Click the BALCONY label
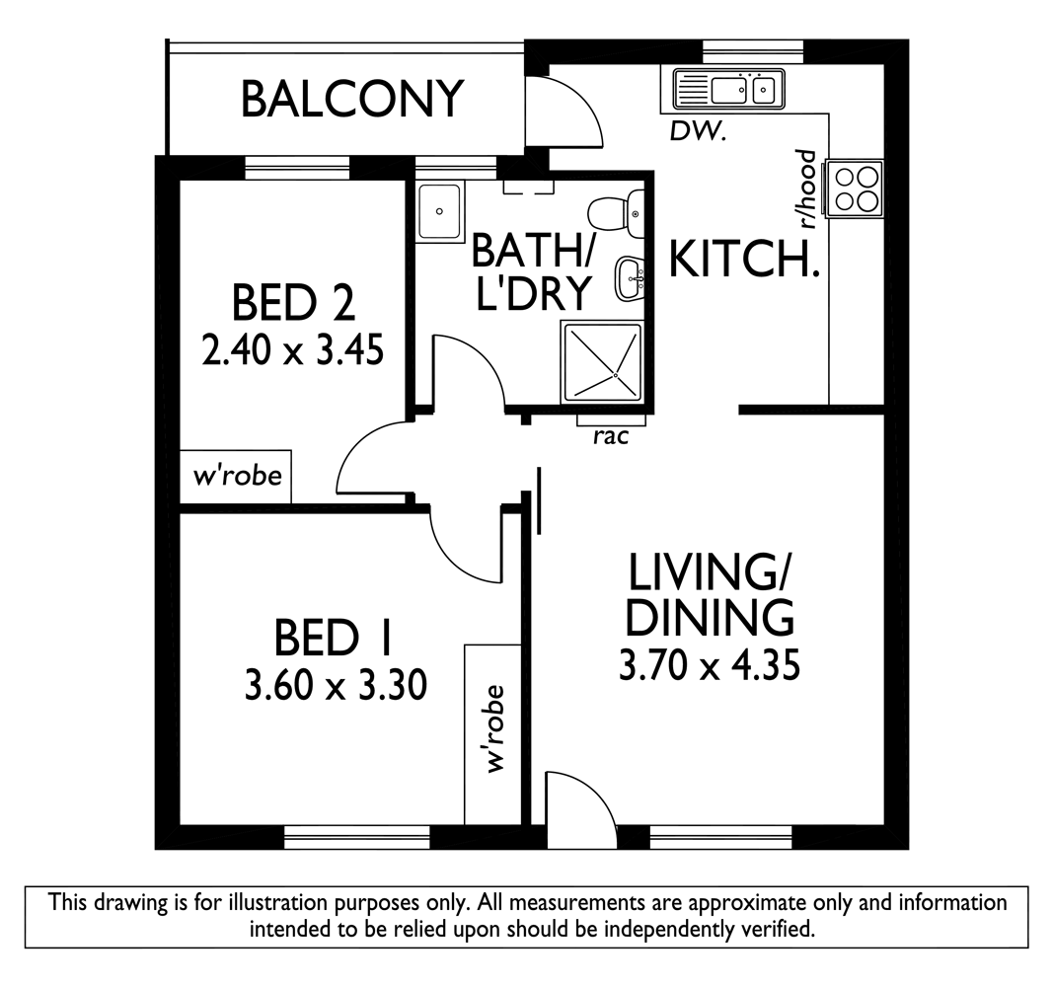[352, 100]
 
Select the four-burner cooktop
[855, 188]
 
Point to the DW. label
[699, 132]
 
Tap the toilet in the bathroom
[616, 214]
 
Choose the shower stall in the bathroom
[602, 362]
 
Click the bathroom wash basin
[630, 277]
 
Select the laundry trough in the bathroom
[439, 212]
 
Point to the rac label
[611, 437]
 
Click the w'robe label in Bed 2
[237, 476]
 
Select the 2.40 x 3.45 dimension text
[293, 349]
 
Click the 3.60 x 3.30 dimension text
[336, 686]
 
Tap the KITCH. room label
[744, 260]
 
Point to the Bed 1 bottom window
[356, 838]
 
